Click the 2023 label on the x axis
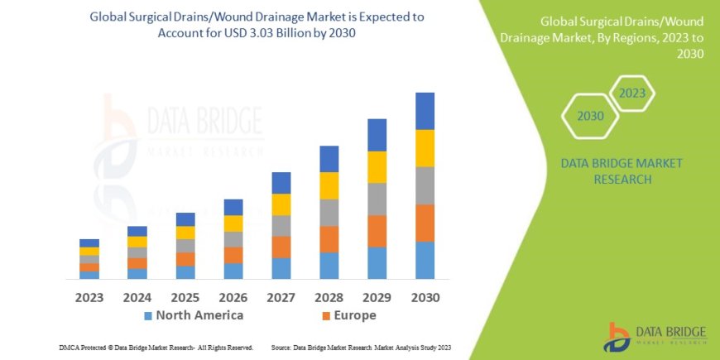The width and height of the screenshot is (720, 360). point(89,297)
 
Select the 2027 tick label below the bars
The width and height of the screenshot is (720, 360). point(281,297)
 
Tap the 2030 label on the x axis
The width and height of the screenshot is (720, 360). point(425,297)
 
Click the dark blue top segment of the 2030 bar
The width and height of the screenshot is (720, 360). point(425,111)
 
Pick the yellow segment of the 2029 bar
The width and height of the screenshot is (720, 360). point(377,167)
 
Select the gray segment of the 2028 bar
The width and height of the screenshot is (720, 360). point(329,213)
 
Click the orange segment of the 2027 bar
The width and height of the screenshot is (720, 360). point(281,247)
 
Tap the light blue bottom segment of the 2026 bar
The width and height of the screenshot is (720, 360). point(233,271)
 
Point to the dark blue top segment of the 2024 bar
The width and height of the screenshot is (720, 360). point(137,231)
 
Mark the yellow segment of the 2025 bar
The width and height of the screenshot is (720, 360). point(185,233)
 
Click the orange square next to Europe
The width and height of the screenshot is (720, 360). point(326,316)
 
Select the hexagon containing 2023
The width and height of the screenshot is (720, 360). point(631,94)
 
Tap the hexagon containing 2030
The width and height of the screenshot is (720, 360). point(591,117)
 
